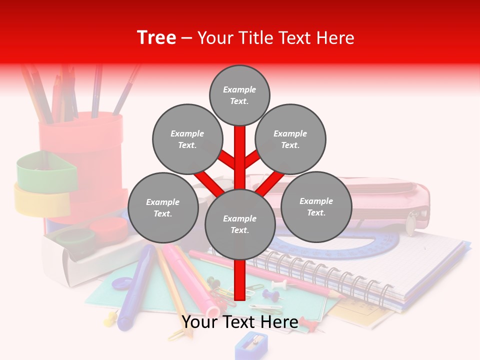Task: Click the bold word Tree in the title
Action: tap(156, 38)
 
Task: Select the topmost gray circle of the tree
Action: tap(239, 95)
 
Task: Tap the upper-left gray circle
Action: tap(187, 139)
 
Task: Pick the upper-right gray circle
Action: tap(290, 139)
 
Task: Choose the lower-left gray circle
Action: tap(163, 207)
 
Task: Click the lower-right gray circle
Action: tap(316, 206)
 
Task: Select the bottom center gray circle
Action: tap(240, 224)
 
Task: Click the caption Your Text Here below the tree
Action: tap(240, 322)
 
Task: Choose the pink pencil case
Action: tap(380, 200)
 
